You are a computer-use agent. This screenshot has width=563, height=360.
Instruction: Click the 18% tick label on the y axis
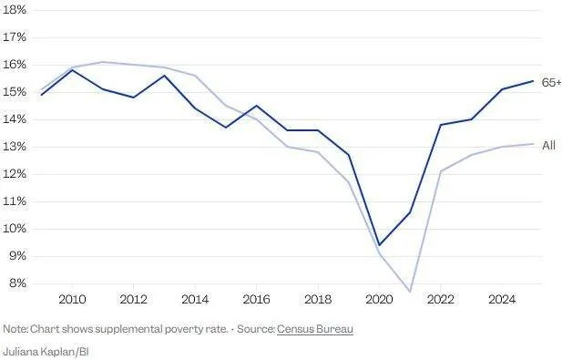point(15,10)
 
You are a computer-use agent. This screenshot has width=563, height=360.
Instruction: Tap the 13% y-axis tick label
point(15,147)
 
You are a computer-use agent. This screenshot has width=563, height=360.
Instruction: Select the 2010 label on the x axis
point(72,299)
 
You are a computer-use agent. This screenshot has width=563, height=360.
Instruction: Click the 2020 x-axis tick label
point(379,299)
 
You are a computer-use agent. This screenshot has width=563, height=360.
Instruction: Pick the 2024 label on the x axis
point(502,299)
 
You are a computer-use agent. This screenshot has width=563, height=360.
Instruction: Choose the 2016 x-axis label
point(256,299)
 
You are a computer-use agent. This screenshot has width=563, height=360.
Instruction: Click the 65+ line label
point(552,83)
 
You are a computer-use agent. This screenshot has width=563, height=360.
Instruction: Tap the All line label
point(548,146)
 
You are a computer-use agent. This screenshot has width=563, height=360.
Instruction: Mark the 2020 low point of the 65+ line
point(379,245)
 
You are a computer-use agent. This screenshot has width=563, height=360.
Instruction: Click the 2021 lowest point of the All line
point(410,292)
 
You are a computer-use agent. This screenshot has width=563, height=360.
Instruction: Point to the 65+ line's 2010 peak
point(72,70)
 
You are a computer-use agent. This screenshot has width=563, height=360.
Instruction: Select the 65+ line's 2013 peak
point(165,76)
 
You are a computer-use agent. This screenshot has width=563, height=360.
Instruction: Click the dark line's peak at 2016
point(256,106)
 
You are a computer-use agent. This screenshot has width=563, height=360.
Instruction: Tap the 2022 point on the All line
point(441,171)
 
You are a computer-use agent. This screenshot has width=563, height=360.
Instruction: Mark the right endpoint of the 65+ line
point(533,81)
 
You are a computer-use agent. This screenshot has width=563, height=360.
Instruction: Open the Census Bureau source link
point(315,329)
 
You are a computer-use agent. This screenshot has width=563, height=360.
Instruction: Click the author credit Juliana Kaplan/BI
point(46,352)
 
